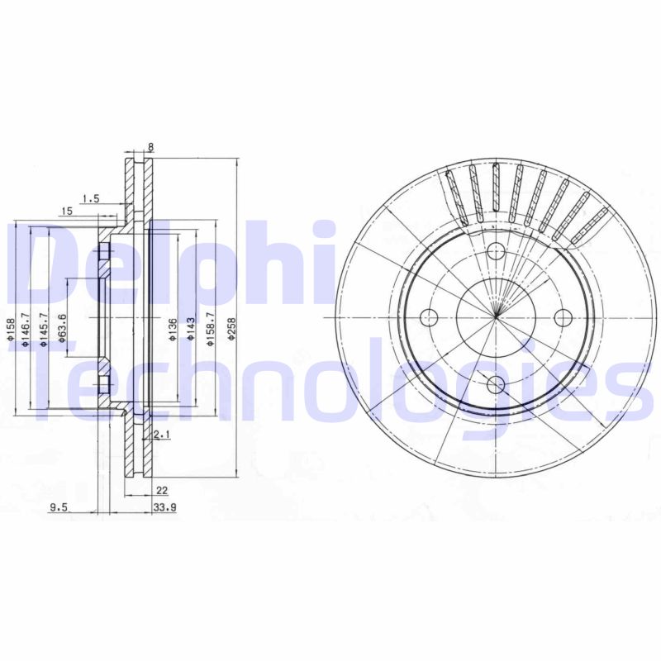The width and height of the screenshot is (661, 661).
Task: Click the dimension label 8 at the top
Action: (x=150, y=148)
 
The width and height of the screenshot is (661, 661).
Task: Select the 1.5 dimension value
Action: (x=91, y=198)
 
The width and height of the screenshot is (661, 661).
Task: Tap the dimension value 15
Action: (x=67, y=212)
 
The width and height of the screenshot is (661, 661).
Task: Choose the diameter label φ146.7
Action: (x=26, y=331)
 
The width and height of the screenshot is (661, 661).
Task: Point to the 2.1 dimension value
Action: (x=162, y=434)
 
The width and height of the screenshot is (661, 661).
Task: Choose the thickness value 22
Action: (x=162, y=490)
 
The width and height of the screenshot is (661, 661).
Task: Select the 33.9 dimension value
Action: (x=164, y=507)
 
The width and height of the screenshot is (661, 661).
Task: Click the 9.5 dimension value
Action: (x=58, y=507)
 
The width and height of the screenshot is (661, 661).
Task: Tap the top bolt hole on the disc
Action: (x=496, y=252)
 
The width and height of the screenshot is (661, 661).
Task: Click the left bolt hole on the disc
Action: (x=428, y=317)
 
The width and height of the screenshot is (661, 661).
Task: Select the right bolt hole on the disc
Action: (x=563, y=317)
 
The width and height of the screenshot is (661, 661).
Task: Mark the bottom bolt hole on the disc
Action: (x=496, y=383)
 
